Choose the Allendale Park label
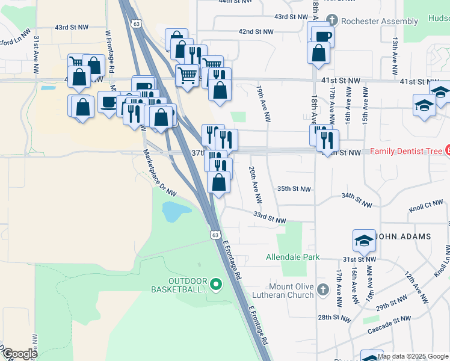point(293,257)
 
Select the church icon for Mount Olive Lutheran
point(323,290)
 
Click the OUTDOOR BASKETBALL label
point(187,285)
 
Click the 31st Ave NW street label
point(37,55)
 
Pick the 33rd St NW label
point(269,217)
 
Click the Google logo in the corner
point(19,353)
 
